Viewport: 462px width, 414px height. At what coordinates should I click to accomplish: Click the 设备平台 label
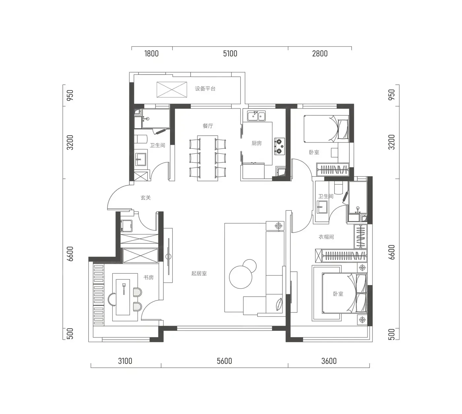coord(205,89)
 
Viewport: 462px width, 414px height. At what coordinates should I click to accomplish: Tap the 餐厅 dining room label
coord(208,126)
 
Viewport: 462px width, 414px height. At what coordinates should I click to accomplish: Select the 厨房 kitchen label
coord(256,143)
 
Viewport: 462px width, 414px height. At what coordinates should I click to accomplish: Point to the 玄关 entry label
coord(146,198)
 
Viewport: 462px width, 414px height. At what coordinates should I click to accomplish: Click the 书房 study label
coord(148,277)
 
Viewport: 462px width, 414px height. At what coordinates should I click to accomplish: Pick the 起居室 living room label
coord(199,273)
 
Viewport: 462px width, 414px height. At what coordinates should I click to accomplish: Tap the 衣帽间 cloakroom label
coord(326,237)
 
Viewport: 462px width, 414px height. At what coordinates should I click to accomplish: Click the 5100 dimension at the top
coord(230,53)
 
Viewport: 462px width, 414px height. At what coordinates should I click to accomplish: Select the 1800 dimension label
coord(151,53)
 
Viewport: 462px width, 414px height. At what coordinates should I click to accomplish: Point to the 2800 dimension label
coord(320,53)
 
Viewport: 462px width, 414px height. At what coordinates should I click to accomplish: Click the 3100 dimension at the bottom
coord(125,361)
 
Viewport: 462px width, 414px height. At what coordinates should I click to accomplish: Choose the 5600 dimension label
coord(224,361)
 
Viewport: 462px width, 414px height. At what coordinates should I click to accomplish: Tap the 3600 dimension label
coord(329,361)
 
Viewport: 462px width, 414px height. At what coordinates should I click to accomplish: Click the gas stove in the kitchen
coord(280,146)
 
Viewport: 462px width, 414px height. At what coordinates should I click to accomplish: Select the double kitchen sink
coord(256,116)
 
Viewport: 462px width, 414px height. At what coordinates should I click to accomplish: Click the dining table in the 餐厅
coord(208,158)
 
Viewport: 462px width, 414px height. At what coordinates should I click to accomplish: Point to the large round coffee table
coord(241,277)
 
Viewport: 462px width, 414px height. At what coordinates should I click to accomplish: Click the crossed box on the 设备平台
coord(172,90)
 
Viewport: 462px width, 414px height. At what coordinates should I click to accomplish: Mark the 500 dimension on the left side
coord(71,334)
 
